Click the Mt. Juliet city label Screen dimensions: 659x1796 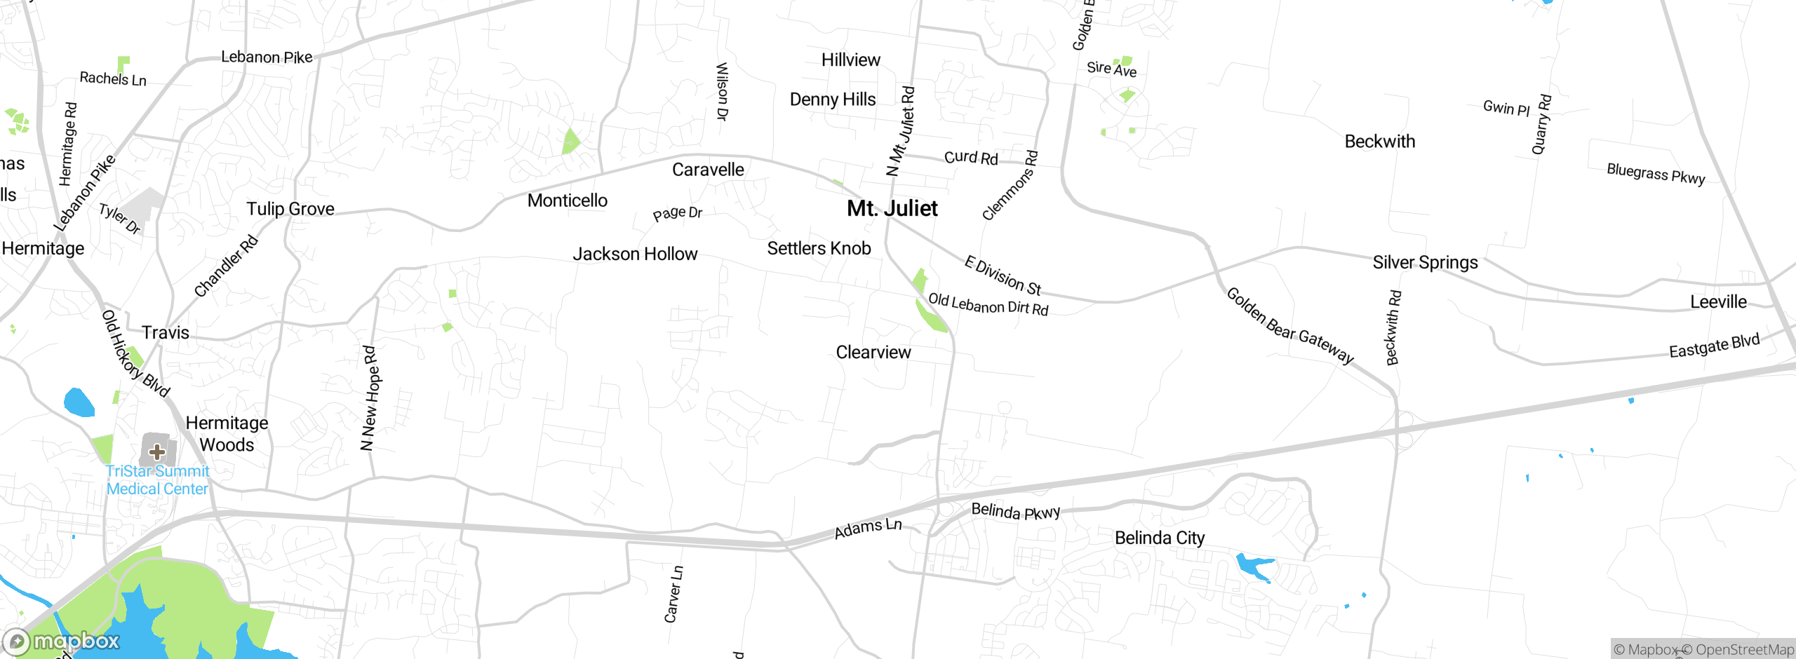pyautogui.click(x=892, y=208)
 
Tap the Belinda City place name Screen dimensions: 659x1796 pyautogui.click(x=1159, y=538)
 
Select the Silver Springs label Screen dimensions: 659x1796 pyautogui.click(x=1425, y=262)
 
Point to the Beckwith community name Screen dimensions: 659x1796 pyautogui.click(x=1379, y=142)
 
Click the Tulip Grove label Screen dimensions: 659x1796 pyautogui.click(x=290, y=209)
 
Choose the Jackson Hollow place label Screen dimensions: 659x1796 pyautogui.click(x=635, y=254)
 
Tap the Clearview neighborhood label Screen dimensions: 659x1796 pyautogui.click(x=873, y=352)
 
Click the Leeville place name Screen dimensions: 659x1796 pyautogui.click(x=1718, y=302)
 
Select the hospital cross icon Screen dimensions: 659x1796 pyautogui.click(x=157, y=451)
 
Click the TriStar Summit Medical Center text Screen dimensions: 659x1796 pyautogui.click(x=158, y=480)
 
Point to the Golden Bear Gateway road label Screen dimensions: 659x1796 pyautogui.click(x=1289, y=325)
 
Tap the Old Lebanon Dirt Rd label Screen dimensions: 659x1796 pyautogui.click(x=988, y=305)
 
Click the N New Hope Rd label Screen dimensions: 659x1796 pyautogui.click(x=369, y=398)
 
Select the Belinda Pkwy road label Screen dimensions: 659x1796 pyautogui.click(x=1015, y=511)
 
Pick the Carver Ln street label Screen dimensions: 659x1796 pyautogui.click(x=673, y=594)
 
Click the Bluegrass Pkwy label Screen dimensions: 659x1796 pyautogui.click(x=1655, y=173)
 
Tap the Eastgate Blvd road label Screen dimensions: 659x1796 pyautogui.click(x=1714, y=346)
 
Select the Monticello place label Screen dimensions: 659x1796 pyautogui.click(x=567, y=201)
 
